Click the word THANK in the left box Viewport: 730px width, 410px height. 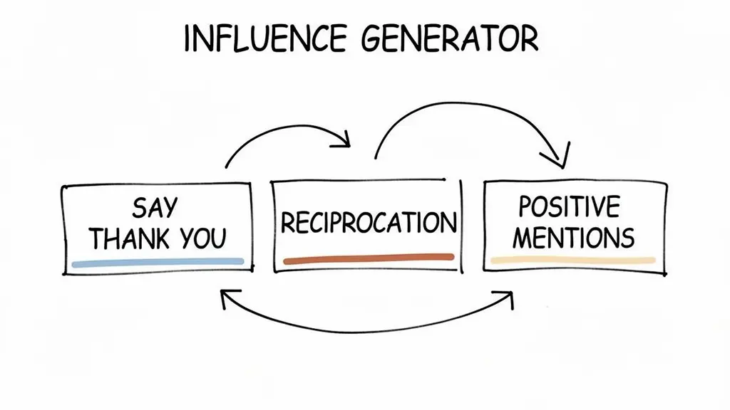(x=129, y=238)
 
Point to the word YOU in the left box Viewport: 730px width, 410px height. (x=203, y=238)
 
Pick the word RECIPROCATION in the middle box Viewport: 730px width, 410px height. (x=368, y=223)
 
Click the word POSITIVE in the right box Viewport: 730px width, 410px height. (x=569, y=207)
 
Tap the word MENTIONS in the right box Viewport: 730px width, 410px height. (x=573, y=238)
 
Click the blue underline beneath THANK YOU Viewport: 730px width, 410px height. (x=158, y=263)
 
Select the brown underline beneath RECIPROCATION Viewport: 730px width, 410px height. (x=368, y=259)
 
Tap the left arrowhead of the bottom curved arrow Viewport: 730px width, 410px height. (x=227, y=299)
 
